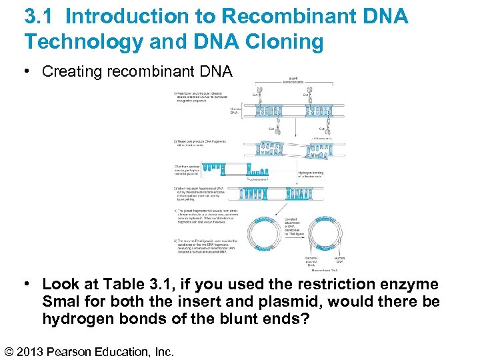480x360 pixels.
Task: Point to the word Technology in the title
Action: click(83, 42)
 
